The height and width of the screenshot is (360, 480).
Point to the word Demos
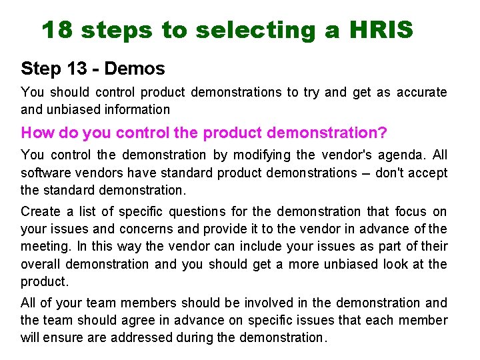[135, 68]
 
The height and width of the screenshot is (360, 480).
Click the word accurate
[422, 92]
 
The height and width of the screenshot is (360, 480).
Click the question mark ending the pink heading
[382, 132]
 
